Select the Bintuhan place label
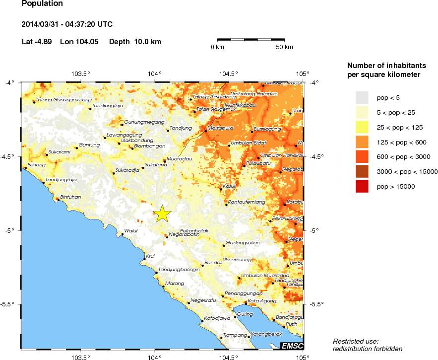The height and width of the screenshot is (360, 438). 70,197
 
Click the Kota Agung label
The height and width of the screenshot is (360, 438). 260,300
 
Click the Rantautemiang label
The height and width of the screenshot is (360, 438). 247,202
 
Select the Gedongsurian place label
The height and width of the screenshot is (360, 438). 243,243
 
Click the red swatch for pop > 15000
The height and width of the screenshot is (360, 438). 363,186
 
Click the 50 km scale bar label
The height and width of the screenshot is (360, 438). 284,47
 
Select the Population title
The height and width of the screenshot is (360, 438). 43,4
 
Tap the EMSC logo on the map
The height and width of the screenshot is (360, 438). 292,346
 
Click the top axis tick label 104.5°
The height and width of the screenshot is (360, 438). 228,74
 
